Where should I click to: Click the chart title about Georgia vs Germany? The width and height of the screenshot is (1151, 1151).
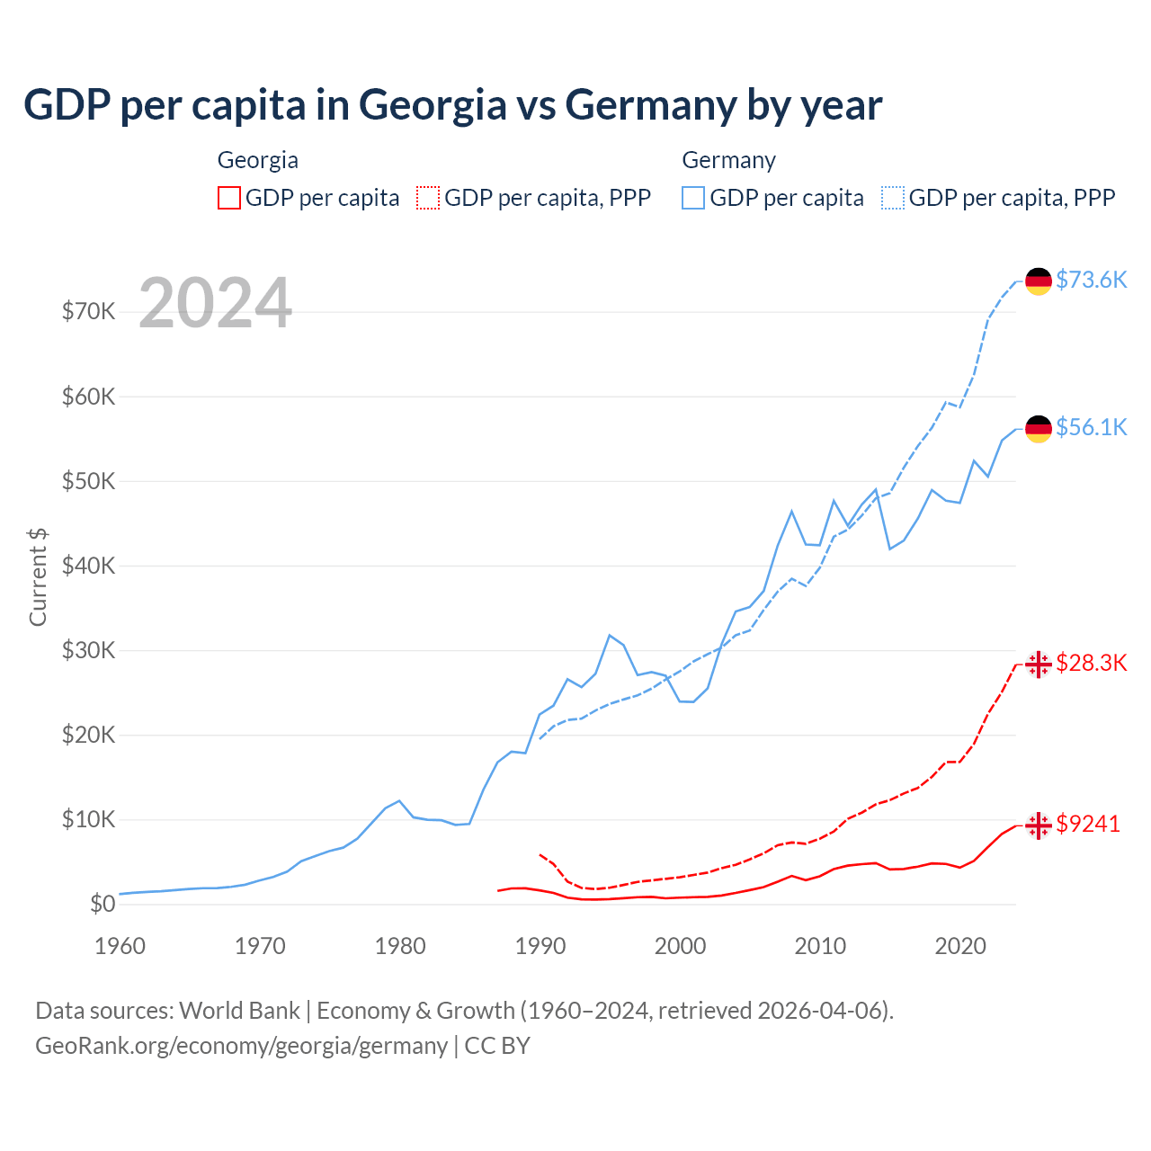[x=452, y=105]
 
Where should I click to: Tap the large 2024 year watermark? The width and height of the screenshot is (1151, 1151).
[x=216, y=303]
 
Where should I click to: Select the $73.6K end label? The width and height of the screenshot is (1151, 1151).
[x=1091, y=280]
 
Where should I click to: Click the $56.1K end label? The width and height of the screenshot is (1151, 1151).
[x=1091, y=427]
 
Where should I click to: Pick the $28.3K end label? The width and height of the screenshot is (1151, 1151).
[x=1091, y=664]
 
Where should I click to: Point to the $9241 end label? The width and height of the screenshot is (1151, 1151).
[x=1088, y=824]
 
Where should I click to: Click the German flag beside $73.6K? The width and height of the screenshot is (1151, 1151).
[x=1039, y=281]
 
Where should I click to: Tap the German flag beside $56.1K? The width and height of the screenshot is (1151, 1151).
[x=1039, y=429]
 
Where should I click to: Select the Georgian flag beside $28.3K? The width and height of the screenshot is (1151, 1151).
[x=1039, y=665]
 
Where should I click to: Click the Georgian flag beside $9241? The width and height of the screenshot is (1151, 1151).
[x=1039, y=825]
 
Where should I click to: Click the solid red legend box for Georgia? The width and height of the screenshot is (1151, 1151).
[x=229, y=198]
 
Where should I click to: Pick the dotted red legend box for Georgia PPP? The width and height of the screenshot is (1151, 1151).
[x=428, y=198]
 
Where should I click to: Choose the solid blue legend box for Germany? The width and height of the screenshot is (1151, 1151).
[x=693, y=198]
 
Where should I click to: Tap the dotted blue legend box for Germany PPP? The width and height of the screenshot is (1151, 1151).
[x=893, y=198]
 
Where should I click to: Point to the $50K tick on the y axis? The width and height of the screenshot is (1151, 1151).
[x=88, y=481]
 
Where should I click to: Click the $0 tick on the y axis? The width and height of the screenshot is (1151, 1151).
[x=102, y=905]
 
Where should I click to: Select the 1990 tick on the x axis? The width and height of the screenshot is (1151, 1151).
[x=540, y=946]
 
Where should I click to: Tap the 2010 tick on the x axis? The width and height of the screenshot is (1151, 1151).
[x=820, y=946]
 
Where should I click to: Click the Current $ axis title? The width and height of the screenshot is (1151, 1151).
[x=38, y=577]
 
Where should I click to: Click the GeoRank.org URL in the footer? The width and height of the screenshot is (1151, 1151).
[x=241, y=1046]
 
